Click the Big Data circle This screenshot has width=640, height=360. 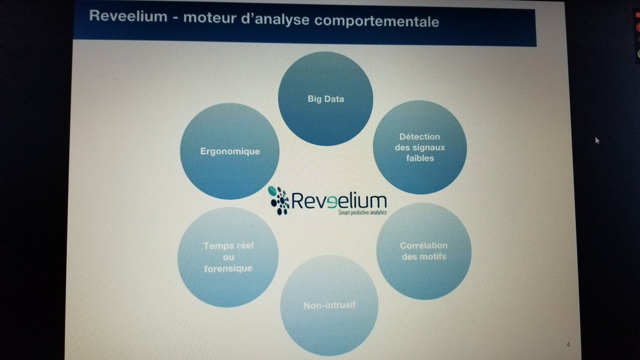(x=325, y=99)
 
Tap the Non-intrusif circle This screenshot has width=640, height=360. (x=329, y=306)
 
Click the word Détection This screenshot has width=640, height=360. (x=419, y=137)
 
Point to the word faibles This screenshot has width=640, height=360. (x=419, y=158)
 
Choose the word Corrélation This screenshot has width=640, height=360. (x=423, y=246)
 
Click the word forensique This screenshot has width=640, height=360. (x=228, y=268)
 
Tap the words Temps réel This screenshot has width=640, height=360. (x=228, y=246)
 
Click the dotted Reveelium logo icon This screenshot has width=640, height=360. (x=279, y=200)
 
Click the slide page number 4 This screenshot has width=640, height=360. (x=567, y=345)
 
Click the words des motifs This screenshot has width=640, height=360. (x=423, y=257)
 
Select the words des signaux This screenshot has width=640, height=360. (x=419, y=147)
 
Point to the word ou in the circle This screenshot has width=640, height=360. (x=228, y=257)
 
